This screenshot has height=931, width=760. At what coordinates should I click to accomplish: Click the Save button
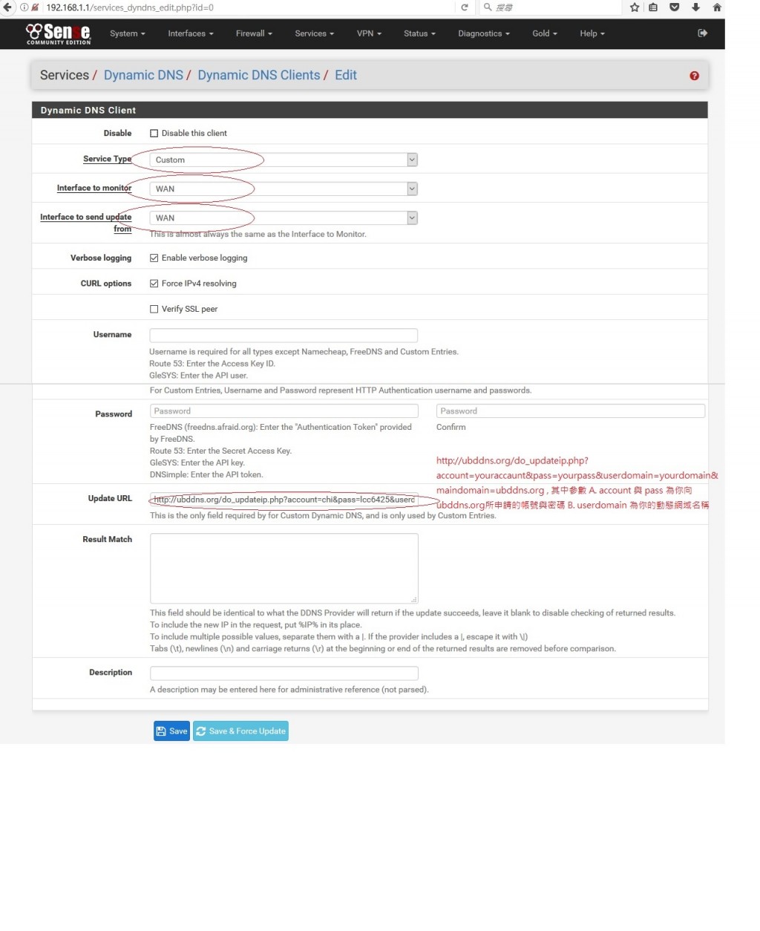click(x=171, y=731)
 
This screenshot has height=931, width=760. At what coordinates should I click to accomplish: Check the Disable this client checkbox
click(x=154, y=134)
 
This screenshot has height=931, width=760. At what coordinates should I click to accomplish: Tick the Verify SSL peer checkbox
click(x=154, y=309)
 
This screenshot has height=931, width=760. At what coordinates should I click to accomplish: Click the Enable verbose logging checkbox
click(x=154, y=258)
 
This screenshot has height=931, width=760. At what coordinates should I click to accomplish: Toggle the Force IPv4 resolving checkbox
click(x=154, y=284)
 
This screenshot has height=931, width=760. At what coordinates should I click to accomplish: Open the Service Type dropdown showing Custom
click(x=284, y=160)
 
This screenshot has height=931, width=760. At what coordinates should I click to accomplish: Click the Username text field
click(x=284, y=336)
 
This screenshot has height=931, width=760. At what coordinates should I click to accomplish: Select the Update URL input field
click(x=284, y=500)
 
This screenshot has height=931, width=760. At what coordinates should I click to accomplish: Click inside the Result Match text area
click(x=284, y=568)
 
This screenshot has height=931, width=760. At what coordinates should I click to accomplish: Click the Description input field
click(x=284, y=673)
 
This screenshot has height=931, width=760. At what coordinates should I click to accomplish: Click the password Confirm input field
click(x=570, y=411)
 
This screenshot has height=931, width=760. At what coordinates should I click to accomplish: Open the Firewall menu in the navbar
click(x=254, y=33)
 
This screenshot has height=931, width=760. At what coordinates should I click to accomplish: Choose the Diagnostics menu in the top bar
click(x=483, y=33)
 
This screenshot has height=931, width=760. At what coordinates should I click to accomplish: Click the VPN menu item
click(x=369, y=33)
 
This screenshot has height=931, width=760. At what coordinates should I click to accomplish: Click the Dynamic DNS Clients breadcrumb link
click(x=258, y=75)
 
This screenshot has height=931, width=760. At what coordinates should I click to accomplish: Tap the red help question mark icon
click(x=694, y=76)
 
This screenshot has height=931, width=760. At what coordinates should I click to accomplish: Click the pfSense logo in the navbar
click(x=59, y=33)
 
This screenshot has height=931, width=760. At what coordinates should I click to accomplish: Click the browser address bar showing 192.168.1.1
click(x=245, y=7)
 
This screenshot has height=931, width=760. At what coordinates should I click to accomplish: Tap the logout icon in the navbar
click(x=702, y=33)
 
